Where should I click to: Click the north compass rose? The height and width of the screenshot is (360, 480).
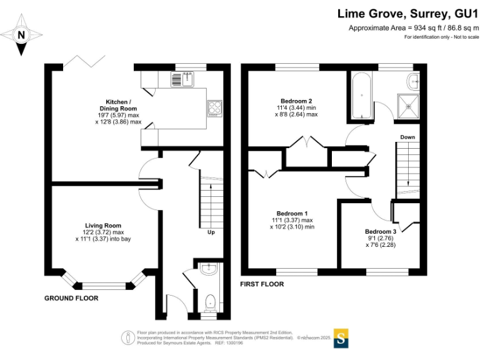22,36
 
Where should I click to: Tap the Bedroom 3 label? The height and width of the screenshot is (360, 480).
381,238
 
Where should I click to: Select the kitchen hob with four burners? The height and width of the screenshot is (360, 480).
214,109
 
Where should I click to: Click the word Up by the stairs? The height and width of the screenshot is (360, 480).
211,234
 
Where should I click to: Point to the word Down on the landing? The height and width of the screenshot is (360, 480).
407,137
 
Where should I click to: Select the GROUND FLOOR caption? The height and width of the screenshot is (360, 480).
71,298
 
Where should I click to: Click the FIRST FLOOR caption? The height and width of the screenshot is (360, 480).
262,284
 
